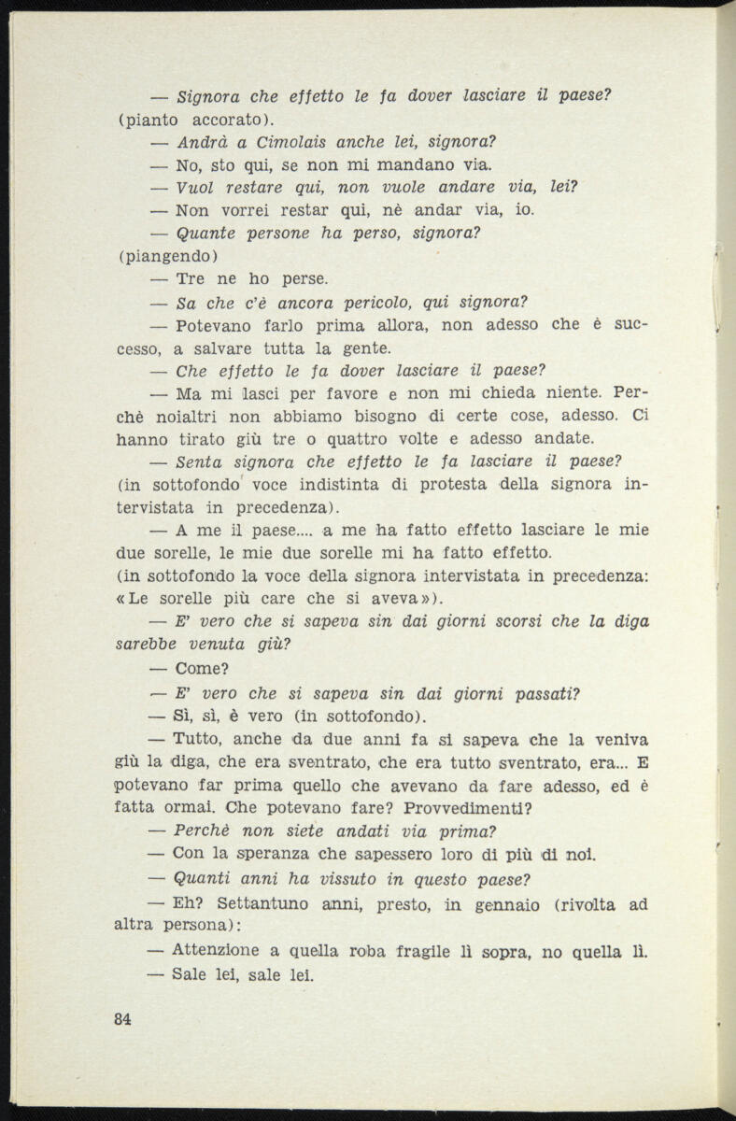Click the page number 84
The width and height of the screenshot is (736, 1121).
point(121,1019)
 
